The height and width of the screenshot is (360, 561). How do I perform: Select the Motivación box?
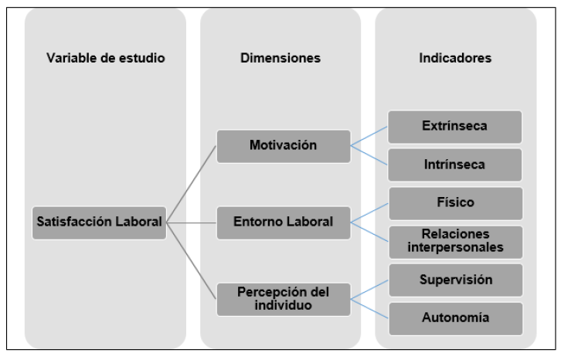[284, 146]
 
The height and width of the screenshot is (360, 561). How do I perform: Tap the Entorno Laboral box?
[284, 222]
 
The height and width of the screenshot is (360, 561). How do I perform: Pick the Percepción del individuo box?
[284, 299]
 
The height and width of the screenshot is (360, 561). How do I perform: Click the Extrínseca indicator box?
[454, 127]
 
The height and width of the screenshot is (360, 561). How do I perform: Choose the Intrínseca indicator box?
[454, 165]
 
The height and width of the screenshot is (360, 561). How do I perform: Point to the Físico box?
[454, 203]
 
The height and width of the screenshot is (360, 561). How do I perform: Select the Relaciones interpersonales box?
[454, 241]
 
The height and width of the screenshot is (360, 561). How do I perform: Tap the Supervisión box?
[454, 280]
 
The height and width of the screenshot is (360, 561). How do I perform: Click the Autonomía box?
[454, 318]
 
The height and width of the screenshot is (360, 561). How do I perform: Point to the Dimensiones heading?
[280, 59]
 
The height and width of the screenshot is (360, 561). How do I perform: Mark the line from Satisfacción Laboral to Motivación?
[192, 184]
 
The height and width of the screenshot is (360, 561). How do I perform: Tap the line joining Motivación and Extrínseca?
[369, 137]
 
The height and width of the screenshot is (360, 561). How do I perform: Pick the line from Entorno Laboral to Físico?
[369, 213]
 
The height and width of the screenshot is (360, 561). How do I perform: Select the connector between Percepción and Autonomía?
[369, 308]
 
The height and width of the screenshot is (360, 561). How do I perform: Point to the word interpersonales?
[454, 248]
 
